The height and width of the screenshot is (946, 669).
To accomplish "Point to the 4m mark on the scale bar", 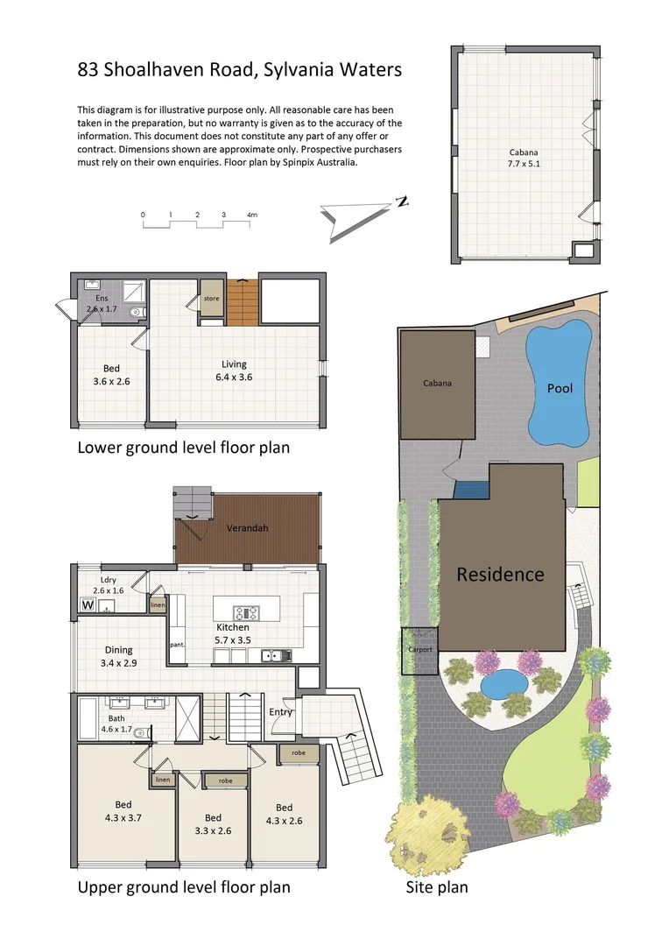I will (252, 214).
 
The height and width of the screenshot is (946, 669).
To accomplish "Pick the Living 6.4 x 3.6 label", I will (234, 371).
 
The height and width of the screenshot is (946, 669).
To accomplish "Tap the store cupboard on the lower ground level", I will (211, 299).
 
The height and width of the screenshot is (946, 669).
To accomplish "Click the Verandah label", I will (247, 529).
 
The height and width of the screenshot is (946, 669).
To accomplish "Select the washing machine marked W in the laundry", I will (88, 604).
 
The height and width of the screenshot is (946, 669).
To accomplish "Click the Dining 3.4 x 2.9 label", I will (118, 656).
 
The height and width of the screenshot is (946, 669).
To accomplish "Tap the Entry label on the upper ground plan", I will (280, 712).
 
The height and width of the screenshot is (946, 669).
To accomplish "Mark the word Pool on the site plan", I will (560, 388).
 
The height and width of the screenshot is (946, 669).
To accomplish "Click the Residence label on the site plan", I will (500, 575).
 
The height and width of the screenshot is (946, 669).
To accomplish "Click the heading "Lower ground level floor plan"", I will (184, 448).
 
